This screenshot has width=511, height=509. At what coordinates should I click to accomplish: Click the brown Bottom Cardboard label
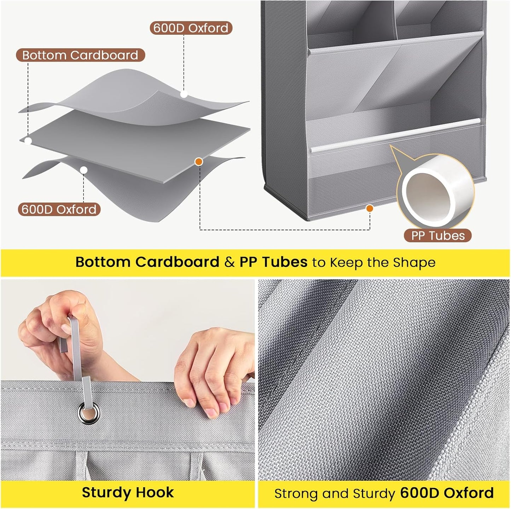[80, 55]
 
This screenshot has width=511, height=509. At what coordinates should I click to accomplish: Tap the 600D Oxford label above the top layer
[191, 28]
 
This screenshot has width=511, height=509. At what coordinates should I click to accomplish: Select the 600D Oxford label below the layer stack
[59, 209]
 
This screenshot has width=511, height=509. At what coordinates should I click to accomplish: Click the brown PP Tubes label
[438, 236]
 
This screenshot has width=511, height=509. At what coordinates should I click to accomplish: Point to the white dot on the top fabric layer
[184, 94]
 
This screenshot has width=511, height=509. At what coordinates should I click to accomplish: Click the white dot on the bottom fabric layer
[84, 170]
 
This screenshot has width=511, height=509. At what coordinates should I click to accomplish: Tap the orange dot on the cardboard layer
[199, 161]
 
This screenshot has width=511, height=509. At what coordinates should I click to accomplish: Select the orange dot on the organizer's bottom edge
[370, 208]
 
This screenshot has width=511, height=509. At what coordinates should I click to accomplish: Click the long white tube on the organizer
[395, 135]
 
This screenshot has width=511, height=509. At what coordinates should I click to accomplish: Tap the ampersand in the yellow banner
[230, 262]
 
